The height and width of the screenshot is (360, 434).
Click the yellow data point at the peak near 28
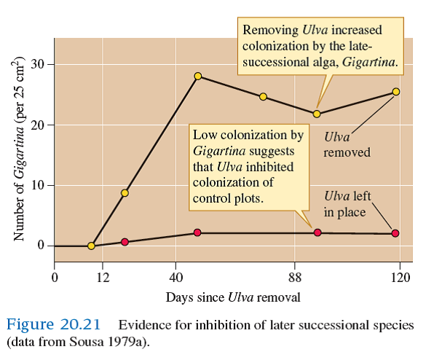[x=197, y=76]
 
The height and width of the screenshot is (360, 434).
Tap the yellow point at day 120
[x=395, y=92]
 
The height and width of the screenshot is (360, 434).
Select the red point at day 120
[x=395, y=233]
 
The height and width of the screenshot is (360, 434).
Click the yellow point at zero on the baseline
[x=91, y=246]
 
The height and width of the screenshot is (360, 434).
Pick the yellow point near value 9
[x=125, y=193]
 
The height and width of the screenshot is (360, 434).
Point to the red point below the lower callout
[x=317, y=232]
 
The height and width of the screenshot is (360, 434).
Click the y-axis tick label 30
[x=39, y=64]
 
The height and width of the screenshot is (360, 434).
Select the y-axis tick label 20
[x=39, y=125]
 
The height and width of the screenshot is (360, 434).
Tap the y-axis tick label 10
[x=39, y=185]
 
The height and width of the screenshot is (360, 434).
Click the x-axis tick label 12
[x=103, y=277]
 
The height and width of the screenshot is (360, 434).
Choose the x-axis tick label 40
[x=175, y=277]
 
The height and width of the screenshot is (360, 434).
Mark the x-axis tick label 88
[x=295, y=277]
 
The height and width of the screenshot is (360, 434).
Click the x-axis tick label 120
[x=400, y=277]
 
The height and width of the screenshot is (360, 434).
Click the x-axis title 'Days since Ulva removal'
[x=232, y=297]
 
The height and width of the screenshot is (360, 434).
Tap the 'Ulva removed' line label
[x=347, y=144]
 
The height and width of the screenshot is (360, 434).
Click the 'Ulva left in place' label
[x=347, y=204]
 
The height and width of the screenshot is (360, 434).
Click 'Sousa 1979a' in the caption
[x=113, y=341]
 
